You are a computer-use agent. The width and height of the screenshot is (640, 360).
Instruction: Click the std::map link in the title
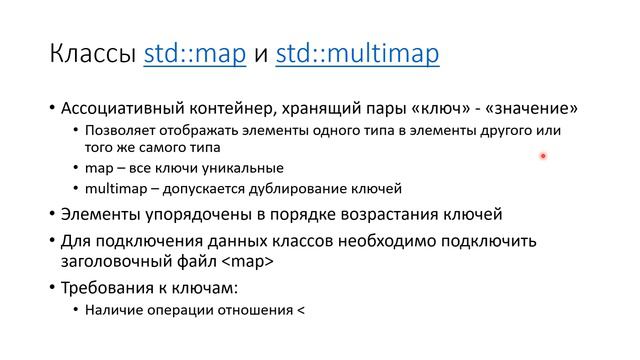pyautogui.click(x=195, y=52)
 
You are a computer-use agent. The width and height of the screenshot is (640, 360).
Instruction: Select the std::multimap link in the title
pyautogui.click(x=357, y=52)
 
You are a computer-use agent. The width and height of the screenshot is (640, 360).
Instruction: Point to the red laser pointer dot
pyautogui.click(x=543, y=156)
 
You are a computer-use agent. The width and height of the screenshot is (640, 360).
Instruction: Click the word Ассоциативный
pyautogui.click(x=123, y=108)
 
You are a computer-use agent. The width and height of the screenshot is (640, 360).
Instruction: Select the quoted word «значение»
pyautogui.click(x=534, y=108)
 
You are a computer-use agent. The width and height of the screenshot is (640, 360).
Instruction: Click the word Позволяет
pyautogui.click(x=119, y=130)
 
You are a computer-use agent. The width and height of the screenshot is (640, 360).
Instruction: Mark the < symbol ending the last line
pyautogui.click(x=297, y=310)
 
